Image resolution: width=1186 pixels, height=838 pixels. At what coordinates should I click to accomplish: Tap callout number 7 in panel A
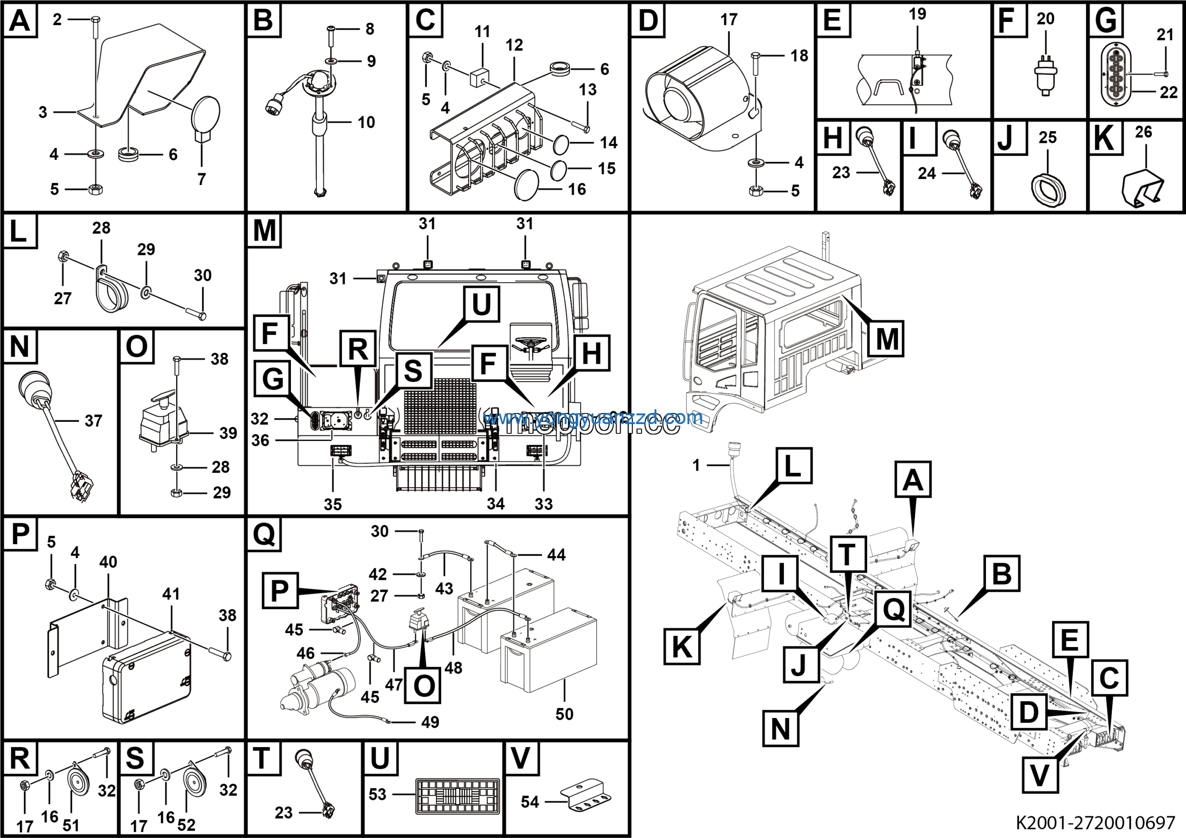point(202,179)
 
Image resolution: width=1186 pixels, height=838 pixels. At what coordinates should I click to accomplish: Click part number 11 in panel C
point(482,32)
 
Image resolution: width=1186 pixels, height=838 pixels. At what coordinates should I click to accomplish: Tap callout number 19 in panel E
point(917,14)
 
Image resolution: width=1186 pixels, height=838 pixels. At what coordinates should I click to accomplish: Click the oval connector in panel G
point(1115,74)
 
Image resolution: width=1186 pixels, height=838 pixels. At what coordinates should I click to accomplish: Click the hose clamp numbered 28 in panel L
point(111,292)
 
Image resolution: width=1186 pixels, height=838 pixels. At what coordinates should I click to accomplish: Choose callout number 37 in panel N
point(93,420)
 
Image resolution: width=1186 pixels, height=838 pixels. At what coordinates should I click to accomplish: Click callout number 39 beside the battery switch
point(228,433)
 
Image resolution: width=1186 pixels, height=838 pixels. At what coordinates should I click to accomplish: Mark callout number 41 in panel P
point(171,594)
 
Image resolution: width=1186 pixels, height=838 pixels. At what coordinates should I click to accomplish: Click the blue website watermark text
point(593,418)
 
